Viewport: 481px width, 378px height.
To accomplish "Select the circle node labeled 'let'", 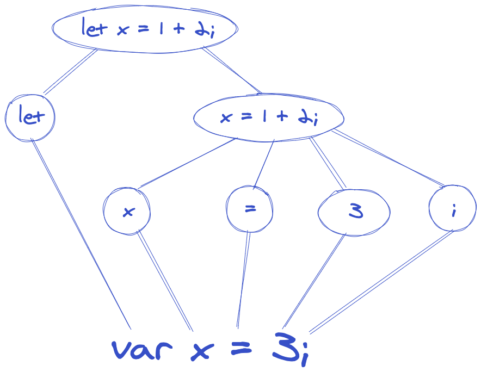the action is [x=29, y=117].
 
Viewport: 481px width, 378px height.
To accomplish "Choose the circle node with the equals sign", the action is [x=250, y=209].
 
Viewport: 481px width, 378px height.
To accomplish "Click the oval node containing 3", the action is [x=354, y=212].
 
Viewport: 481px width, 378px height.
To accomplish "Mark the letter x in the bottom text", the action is [x=201, y=351].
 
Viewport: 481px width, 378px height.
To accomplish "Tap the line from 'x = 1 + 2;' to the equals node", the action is [x=263, y=164].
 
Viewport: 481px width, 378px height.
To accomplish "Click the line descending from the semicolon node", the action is [x=381, y=281].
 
